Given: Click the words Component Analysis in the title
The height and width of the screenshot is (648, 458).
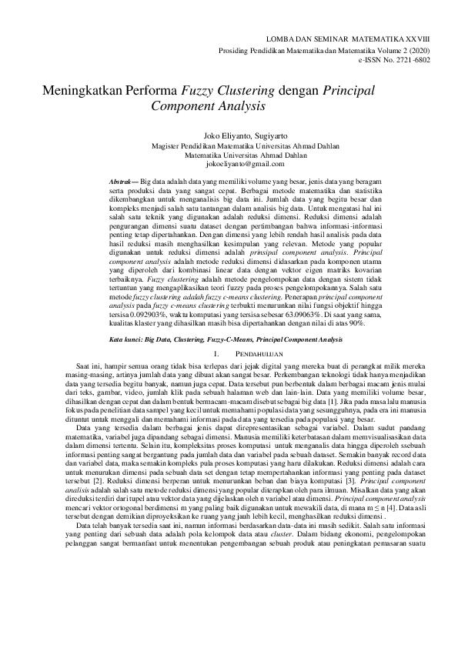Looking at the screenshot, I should click(x=208, y=105).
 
